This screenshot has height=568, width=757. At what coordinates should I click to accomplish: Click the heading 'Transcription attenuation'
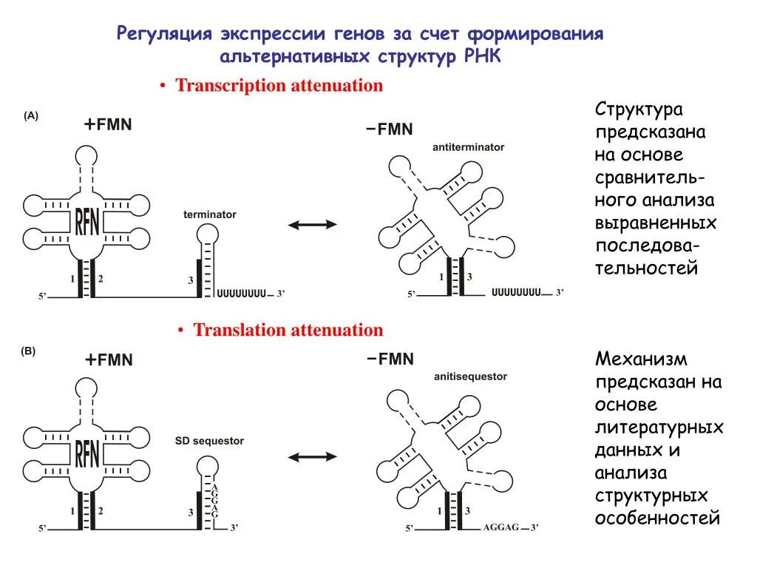click(279, 85)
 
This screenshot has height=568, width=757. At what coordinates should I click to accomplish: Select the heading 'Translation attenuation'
click(288, 330)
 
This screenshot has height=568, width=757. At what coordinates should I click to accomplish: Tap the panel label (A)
click(30, 115)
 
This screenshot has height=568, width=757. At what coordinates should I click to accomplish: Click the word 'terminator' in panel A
click(210, 214)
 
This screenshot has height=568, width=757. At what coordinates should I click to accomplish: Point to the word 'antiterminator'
click(469, 147)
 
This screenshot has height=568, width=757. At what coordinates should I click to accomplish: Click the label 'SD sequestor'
click(209, 441)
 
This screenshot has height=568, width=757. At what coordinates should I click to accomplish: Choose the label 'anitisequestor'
click(471, 376)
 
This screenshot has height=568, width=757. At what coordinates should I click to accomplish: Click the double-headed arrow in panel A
click(312, 225)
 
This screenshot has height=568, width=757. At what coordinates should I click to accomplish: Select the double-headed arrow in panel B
click(312, 457)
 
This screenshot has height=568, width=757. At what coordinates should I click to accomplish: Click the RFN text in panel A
click(87, 220)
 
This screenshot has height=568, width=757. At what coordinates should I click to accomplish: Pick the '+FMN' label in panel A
click(108, 125)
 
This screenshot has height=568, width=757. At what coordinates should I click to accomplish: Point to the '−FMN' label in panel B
click(390, 359)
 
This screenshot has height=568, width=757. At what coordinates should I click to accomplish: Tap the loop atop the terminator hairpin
click(207, 234)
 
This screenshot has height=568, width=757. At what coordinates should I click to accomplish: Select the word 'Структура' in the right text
click(639, 110)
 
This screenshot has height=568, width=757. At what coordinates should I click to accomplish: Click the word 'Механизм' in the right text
click(641, 359)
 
